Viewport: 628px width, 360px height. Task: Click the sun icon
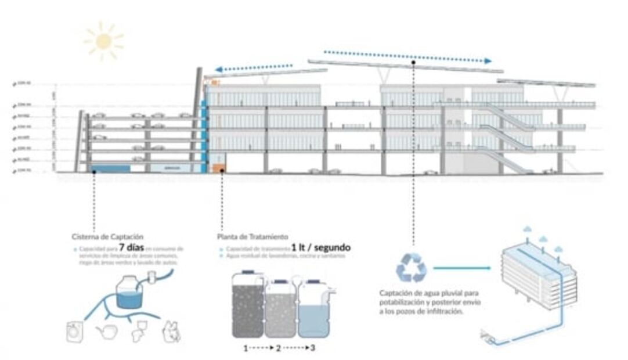(103, 41)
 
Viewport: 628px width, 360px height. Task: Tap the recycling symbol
(411, 268)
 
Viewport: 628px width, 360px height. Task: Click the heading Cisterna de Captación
(107, 237)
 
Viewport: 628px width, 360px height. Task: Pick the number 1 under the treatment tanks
(246, 348)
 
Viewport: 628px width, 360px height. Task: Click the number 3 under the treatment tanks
(313, 348)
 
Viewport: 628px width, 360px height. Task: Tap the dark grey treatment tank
(248, 305)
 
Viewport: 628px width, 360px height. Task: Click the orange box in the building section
(218, 168)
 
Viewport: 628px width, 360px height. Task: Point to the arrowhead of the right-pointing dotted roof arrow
(488, 60)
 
